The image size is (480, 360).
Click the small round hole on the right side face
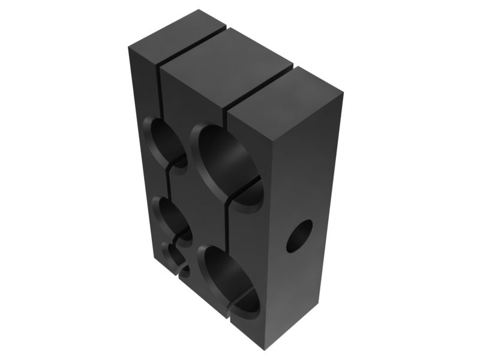[x=299, y=236]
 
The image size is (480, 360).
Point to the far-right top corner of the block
[x=343, y=93]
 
